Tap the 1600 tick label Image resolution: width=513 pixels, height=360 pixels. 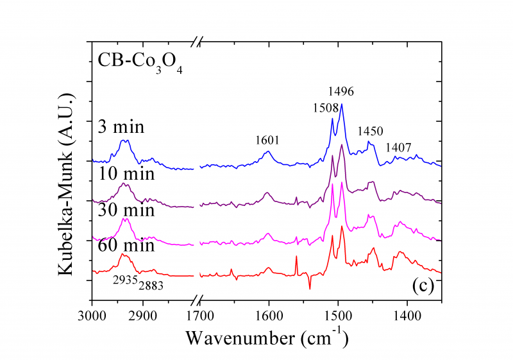pos(268,315)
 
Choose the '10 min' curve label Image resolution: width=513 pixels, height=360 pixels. pos(126,173)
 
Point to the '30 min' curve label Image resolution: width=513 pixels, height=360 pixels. pos(126,210)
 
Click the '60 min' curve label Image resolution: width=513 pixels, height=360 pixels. pos(126,245)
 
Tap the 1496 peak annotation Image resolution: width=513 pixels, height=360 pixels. pos(341,91)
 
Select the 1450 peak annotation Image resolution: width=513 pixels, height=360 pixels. pos(370,131)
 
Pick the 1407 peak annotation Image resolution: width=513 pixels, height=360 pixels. pos(398,148)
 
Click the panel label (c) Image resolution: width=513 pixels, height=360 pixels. pos(423,285)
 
